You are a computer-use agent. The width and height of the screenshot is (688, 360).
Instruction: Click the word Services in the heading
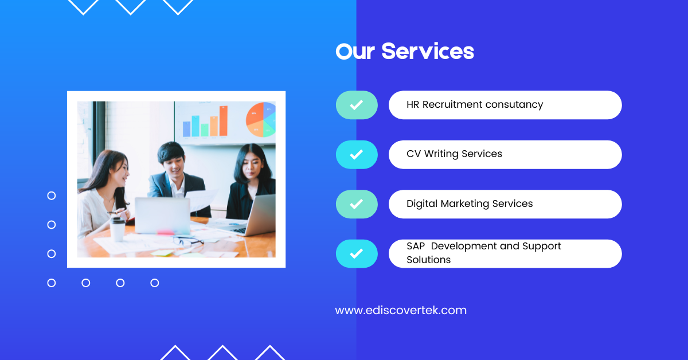(428, 51)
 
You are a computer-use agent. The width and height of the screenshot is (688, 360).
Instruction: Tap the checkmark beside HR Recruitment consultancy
(356, 105)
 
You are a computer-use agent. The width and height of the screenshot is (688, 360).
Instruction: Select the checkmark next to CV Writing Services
(356, 155)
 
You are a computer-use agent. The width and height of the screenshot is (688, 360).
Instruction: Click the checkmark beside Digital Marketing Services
(356, 204)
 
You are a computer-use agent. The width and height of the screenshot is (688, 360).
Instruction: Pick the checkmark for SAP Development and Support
(356, 254)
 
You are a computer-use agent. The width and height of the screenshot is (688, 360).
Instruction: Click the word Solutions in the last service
(428, 260)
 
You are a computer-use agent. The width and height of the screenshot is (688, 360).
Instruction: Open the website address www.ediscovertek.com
(401, 310)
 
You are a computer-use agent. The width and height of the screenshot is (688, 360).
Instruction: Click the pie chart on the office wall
(261, 119)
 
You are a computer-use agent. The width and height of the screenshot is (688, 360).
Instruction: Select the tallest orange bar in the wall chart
(223, 121)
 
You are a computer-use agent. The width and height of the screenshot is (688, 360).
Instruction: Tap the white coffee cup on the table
(118, 229)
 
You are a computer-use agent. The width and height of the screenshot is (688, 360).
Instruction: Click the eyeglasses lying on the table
(188, 241)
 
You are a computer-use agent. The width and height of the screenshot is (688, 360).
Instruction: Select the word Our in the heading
(355, 51)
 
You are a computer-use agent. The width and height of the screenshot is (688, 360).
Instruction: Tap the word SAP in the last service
(416, 246)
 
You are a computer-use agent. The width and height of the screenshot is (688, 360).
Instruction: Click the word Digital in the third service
(422, 204)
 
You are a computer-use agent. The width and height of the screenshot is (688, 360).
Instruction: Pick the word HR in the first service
(413, 104)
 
